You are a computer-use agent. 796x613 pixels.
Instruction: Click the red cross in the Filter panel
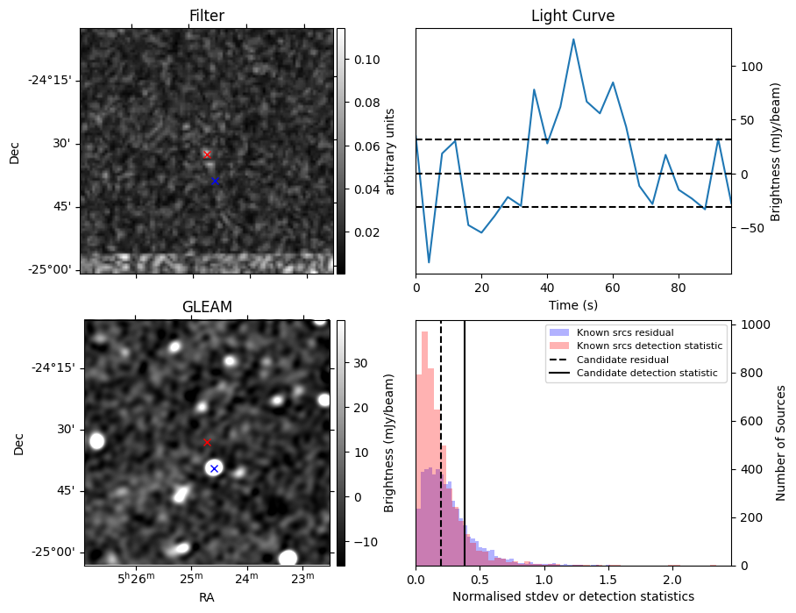tap(207, 154)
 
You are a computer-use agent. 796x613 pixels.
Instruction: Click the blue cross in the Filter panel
tap(215, 182)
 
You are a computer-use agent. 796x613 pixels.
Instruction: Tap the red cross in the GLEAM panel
tap(207, 442)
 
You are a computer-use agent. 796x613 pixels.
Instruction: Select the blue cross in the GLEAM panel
tap(214, 469)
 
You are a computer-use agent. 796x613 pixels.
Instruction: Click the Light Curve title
tap(572, 16)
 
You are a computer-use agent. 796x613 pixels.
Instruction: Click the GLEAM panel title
tap(207, 307)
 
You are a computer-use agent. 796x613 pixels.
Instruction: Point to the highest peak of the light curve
tap(573, 39)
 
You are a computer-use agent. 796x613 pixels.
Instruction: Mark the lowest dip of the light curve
tap(429, 262)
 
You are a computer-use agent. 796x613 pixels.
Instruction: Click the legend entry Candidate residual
tap(622, 360)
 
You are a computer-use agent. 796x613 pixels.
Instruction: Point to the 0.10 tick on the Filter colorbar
tap(366, 60)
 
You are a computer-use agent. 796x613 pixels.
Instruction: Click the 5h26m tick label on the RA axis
tap(136, 578)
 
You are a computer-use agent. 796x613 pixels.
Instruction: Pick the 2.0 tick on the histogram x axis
tap(672, 580)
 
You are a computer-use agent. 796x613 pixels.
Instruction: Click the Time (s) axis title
tap(572, 304)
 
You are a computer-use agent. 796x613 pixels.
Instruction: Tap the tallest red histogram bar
tap(425, 448)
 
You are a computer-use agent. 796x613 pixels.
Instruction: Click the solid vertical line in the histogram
tap(465, 443)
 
